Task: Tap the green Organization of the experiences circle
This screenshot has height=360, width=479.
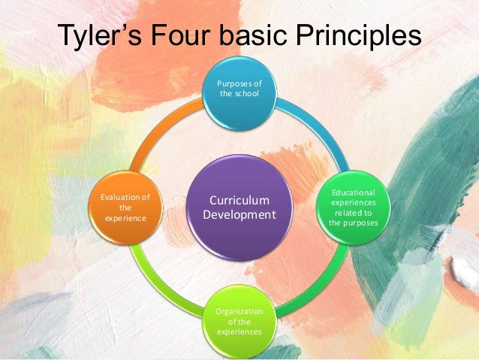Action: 239,321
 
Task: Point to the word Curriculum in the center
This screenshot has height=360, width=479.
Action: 239,201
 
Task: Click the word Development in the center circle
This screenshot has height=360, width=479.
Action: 239,216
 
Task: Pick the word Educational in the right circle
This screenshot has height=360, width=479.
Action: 354,193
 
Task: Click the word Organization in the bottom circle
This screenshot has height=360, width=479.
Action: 239,312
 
